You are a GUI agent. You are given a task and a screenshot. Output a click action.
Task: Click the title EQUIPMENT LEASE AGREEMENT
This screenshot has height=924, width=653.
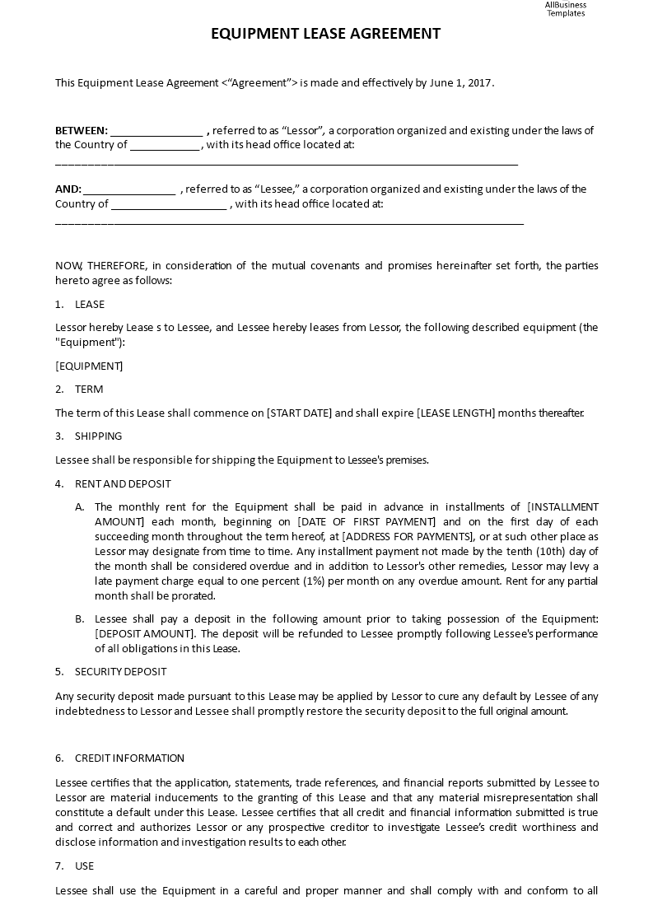coord(325,34)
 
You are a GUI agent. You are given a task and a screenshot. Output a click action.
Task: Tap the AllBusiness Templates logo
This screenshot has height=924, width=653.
coord(565,8)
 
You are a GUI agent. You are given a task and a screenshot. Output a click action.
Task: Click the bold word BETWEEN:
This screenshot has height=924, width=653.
coord(82,130)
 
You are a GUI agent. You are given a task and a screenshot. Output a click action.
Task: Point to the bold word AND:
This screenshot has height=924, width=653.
coord(68,189)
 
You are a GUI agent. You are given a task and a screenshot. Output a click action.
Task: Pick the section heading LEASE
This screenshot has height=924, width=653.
coord(90,304)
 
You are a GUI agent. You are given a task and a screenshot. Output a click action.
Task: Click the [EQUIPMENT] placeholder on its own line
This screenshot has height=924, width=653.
coord(89,366)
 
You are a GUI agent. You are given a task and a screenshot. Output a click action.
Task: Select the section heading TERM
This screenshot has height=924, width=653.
coord(89,389)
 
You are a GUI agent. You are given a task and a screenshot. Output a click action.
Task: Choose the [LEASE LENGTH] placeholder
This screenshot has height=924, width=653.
coord(456,413)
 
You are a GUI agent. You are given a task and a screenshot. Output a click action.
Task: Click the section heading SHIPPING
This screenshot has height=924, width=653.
coord(98,436)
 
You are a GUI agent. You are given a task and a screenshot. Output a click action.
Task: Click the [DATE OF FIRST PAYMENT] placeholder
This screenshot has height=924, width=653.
coord(366,521)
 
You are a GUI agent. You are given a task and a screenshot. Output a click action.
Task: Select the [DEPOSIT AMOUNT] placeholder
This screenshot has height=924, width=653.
coord(145,633)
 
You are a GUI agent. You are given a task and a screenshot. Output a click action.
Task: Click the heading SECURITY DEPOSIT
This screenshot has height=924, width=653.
coord(120,671)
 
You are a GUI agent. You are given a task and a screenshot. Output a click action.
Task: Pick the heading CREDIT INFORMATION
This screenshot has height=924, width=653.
coord(129,758)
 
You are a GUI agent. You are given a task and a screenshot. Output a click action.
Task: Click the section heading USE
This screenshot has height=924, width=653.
coord(84,866)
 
